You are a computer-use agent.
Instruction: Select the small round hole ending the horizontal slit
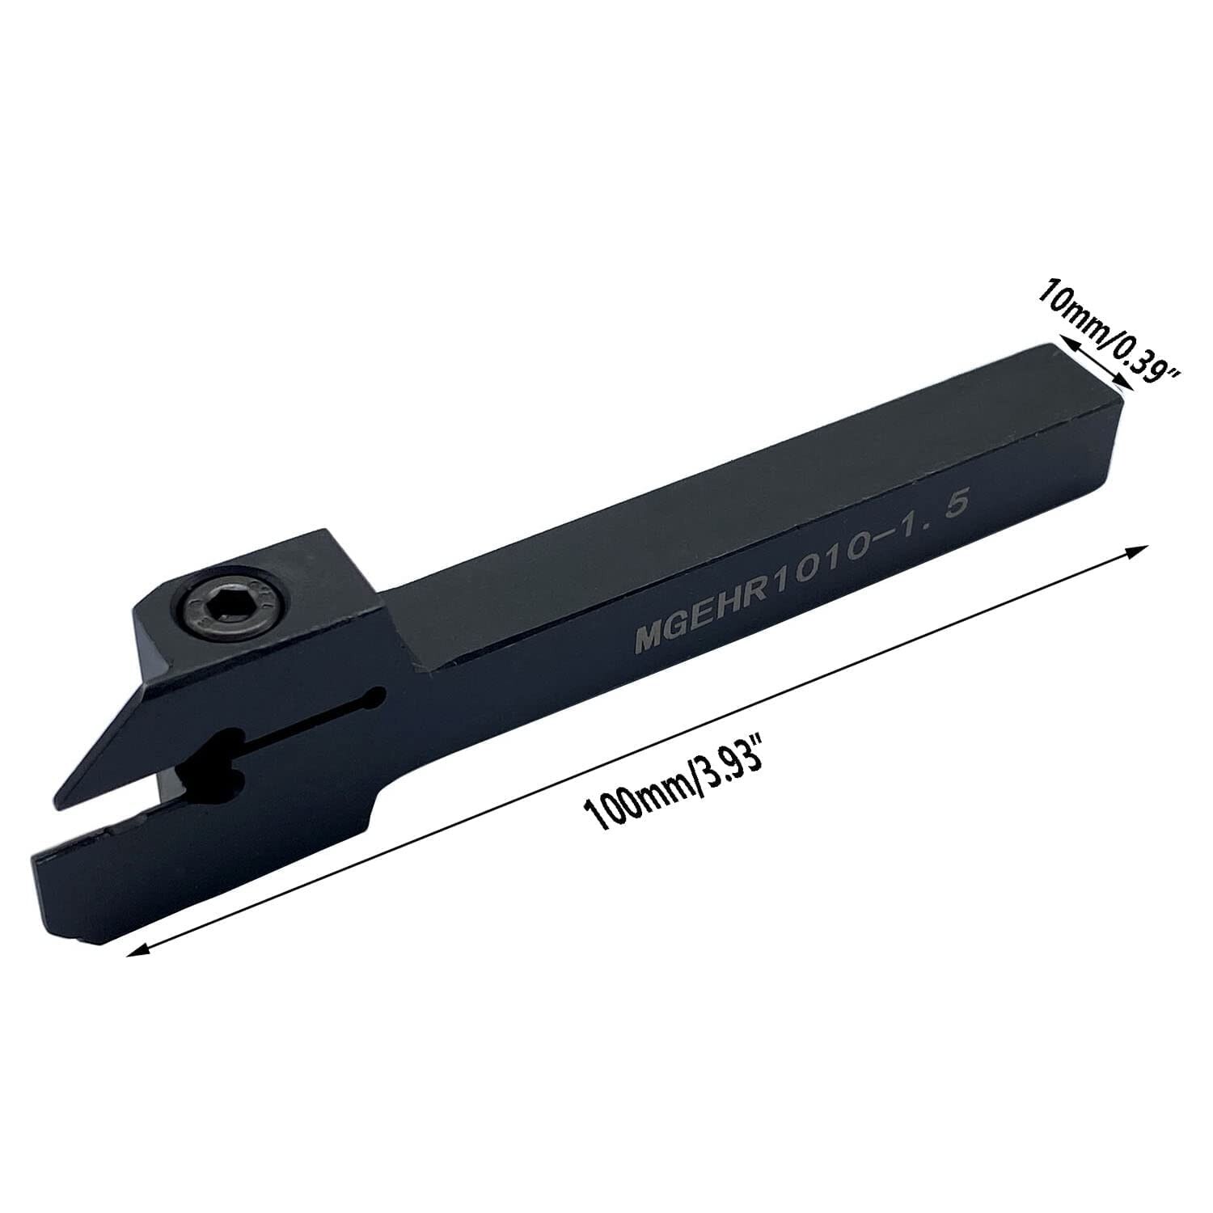(374, 698)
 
